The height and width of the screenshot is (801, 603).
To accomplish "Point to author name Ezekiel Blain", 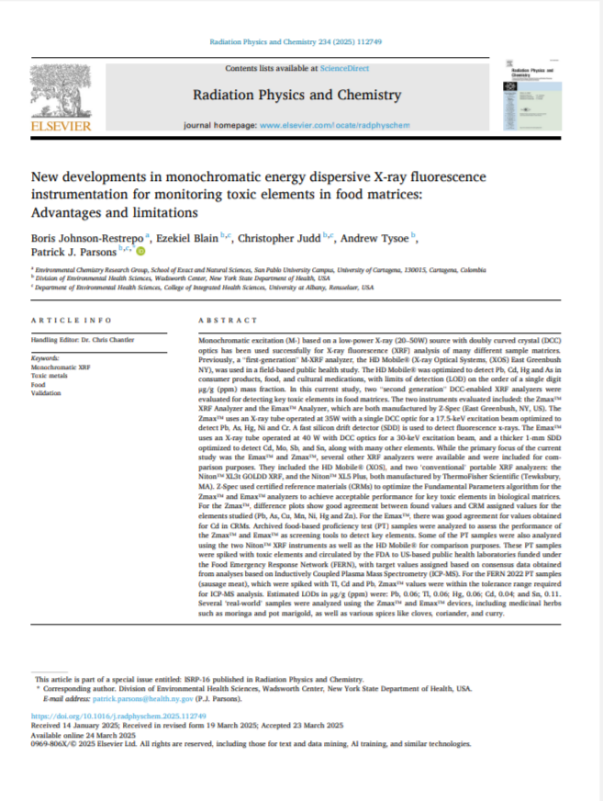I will (x=189, y=237).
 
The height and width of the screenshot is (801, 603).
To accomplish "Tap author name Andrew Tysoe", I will (x=379, y=237).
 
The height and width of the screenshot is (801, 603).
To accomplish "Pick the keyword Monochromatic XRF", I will (x=61, y=367).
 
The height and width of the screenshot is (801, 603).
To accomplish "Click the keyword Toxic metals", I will (x=50, y=375).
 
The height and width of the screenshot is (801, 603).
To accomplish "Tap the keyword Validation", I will (x=47, y=391).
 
